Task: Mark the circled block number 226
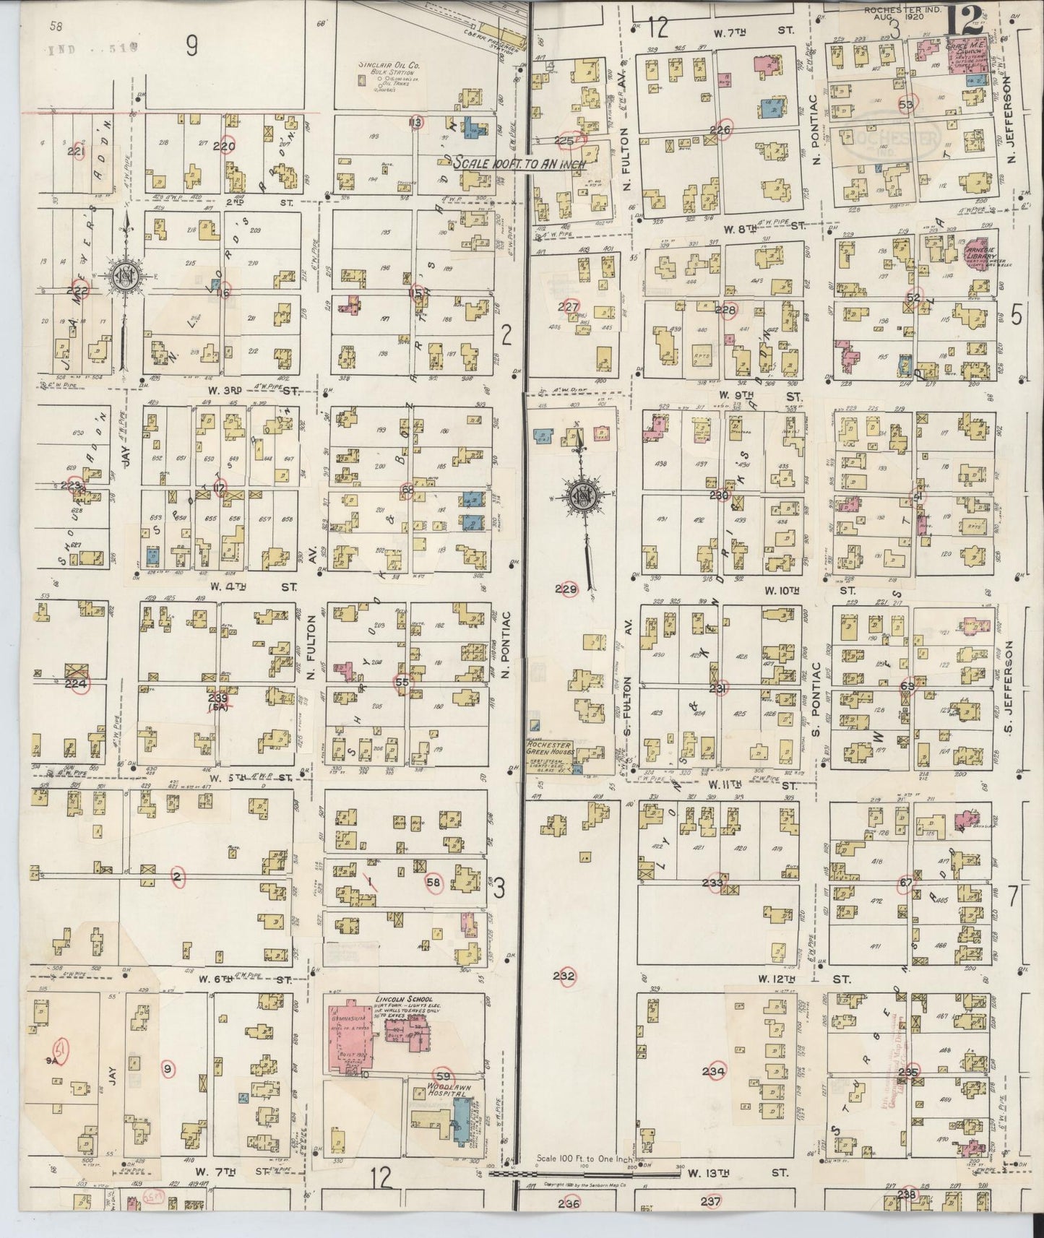(x=720, y=130)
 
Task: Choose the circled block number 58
(x=433, y=882)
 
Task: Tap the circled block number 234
(x=714, y=1071)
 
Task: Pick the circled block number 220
(x=228, y=145)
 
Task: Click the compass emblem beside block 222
(x=129, y=279)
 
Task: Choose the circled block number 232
(x=564, y=977)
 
